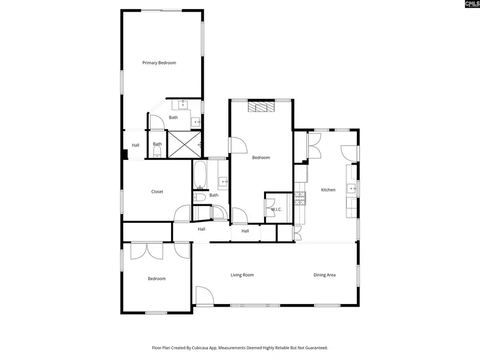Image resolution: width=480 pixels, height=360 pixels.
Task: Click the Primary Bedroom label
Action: coord(159,63)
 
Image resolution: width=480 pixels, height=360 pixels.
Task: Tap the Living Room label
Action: coord(242,275)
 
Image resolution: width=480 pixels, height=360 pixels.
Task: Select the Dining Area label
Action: coord(324,275)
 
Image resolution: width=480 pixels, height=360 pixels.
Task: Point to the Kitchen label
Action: coord(328,190)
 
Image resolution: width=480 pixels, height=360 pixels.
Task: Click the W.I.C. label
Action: coord(276,210)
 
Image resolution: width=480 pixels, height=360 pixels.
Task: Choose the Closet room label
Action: coord(157,191)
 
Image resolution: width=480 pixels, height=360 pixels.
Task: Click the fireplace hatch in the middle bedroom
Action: coord(261,107)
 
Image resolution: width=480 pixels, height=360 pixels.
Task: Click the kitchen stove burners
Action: coord(300,199)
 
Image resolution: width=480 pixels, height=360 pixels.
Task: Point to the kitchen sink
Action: coord(352,188)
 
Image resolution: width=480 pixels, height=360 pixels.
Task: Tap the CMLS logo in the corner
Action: coord(472,4)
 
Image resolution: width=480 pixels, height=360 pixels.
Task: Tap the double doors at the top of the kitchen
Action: coord(315,145)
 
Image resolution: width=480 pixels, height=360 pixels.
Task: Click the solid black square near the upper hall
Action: coord(124,155)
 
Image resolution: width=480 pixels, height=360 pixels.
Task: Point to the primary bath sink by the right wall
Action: coord(196,122)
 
